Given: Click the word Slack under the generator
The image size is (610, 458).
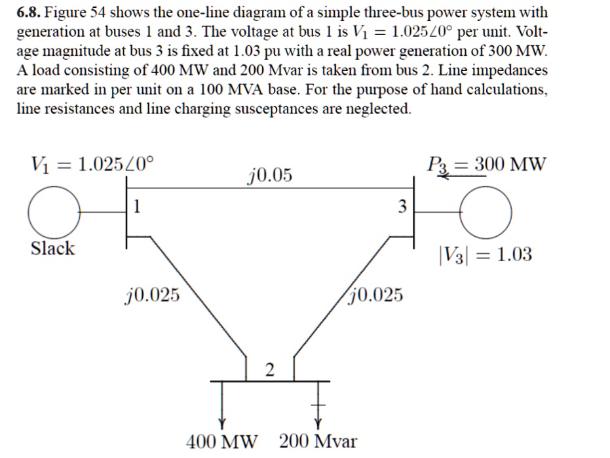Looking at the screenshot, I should pyautogui.click(x=53, y=249).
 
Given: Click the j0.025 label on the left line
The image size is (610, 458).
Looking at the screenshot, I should pyautogui.click(x=151, y=296).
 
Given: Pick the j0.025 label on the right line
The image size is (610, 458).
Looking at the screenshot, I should pyautogui.click(x=375, y=295).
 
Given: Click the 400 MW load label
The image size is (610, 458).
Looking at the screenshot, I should pyautogui.click(x=223, y=441).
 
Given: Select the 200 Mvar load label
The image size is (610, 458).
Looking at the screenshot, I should pyautogui.click(x=318, y=441).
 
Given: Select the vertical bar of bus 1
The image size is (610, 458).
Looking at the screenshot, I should pyautogui.click(x=126, y=217).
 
